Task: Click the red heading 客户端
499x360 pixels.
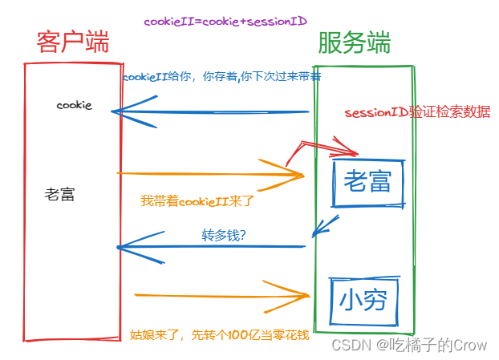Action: tap(72, 42)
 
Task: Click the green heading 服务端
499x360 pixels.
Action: tap(355, 42)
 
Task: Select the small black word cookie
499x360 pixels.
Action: tap(74, 105)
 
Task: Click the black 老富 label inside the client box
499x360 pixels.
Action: tap(60, 194)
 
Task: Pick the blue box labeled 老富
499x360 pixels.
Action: tap(367, 182)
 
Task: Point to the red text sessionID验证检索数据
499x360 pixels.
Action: tap(417, 112)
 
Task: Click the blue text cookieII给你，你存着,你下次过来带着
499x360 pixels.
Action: tap(221, 78)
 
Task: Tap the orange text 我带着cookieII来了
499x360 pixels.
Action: tap(197, 200)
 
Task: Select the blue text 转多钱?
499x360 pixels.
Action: tap(223, 236)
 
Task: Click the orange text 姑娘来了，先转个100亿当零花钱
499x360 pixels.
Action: tap(219, 334)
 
